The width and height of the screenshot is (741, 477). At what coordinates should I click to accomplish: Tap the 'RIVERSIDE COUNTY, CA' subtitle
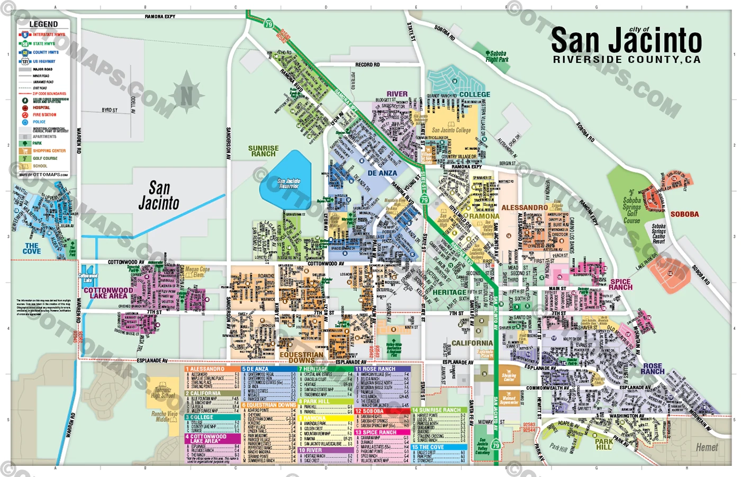627,60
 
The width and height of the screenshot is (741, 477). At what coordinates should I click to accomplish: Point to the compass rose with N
187,96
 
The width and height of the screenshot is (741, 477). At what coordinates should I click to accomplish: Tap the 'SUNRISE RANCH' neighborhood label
263,151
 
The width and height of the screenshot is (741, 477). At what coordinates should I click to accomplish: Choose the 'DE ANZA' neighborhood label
382,173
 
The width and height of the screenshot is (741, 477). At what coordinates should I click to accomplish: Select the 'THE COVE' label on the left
32,248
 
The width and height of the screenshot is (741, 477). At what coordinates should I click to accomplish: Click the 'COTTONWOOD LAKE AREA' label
108,293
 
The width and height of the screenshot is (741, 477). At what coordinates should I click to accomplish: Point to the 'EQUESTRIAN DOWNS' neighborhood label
301,357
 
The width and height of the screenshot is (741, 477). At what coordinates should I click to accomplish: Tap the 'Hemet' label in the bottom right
707,447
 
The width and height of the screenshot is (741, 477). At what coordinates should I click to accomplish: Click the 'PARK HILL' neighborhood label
603,444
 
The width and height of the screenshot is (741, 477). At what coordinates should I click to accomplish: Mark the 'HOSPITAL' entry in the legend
41,107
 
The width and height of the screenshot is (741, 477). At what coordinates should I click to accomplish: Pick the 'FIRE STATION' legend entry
44,115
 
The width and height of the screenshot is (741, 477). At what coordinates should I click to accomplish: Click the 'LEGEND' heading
43,24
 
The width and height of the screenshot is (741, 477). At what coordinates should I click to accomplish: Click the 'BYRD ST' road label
110,110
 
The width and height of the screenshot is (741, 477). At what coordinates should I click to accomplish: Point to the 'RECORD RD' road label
367,65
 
